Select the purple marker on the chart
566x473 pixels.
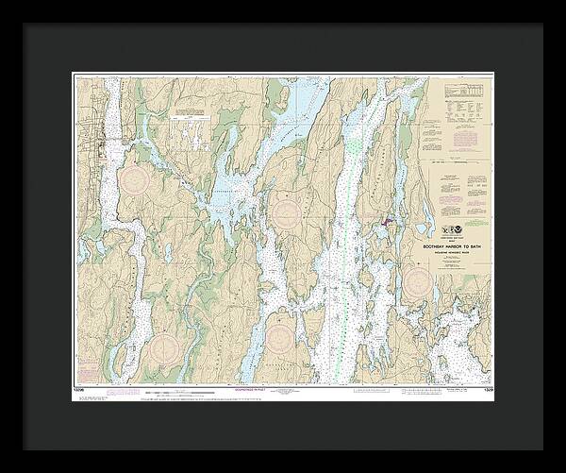pyautogui.click(x=385, y=223)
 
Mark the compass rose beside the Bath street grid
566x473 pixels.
pyautogui.click(x=133, y=180)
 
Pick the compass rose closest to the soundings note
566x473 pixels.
pyautogui.click(x=282, y=339)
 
